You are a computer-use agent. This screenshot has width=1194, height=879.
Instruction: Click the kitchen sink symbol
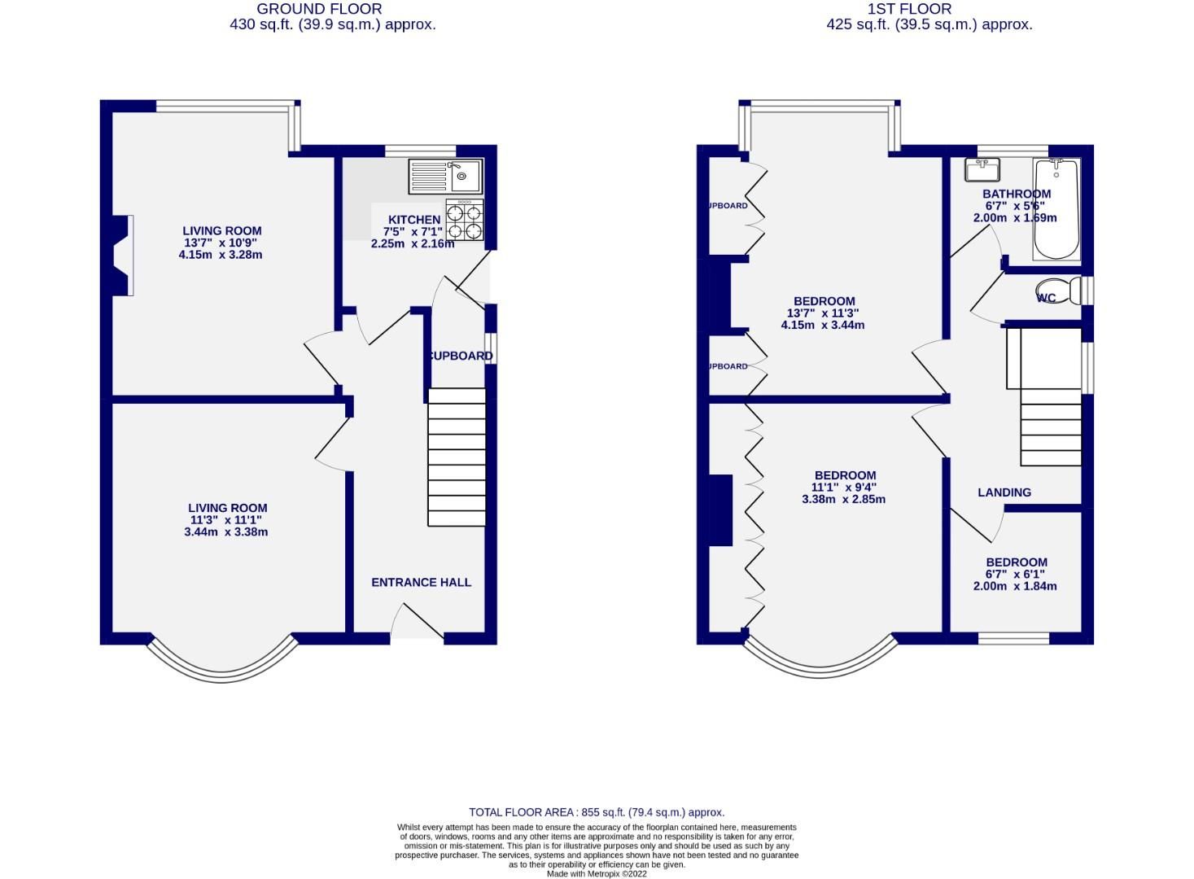(447, 176)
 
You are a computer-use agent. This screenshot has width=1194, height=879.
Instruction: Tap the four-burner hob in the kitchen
(465, 221)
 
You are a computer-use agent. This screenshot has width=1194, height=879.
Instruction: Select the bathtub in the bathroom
(1056, 209)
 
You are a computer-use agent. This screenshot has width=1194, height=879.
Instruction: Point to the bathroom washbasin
(982, 169)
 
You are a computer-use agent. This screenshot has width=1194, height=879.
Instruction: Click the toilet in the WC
(1059, 291)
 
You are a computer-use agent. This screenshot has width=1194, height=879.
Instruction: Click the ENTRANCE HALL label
(421, 582)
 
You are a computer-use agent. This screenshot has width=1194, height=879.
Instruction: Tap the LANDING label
(1004, 492)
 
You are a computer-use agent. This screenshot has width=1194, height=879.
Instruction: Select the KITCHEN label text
(414, 220)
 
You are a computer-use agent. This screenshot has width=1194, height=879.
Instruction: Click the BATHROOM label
(1016, 194)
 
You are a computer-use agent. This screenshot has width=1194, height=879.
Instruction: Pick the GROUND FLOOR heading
(319, 9)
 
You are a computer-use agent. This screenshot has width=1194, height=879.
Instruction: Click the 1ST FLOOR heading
(909, 9)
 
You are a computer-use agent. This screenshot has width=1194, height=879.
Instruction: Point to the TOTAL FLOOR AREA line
(597, 812)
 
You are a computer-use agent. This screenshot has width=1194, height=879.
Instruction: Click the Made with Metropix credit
(597, 873)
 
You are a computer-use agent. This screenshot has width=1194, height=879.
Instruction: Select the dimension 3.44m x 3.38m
(226, 532)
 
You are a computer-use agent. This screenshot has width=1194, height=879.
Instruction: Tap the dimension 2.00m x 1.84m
(1015, 586)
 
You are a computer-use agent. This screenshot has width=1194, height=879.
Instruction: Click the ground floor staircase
(457, 457)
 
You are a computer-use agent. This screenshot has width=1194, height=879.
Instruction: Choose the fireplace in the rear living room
(120, 256)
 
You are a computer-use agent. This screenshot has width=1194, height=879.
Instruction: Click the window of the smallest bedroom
(1013, 638)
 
